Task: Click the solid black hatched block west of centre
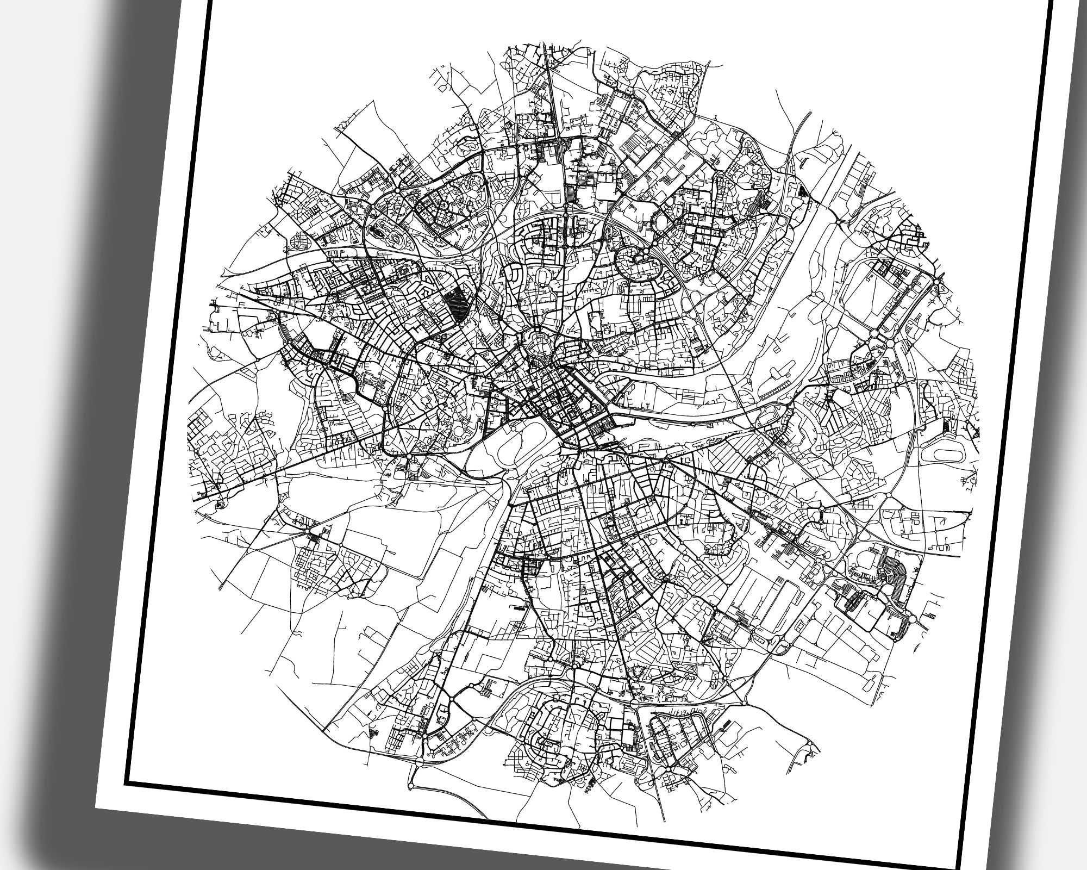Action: (x=457, y=303)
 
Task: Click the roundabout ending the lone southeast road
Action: (x=810, y=744)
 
